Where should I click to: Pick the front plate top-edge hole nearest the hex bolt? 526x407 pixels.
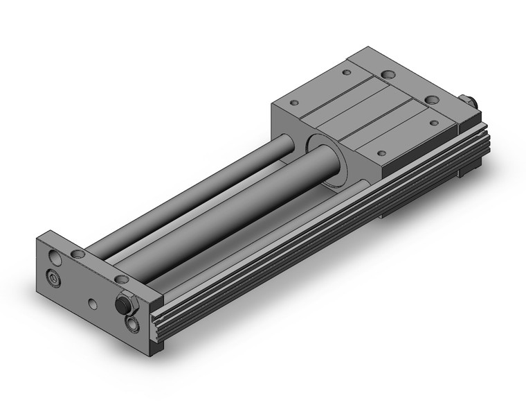point(122,279)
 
